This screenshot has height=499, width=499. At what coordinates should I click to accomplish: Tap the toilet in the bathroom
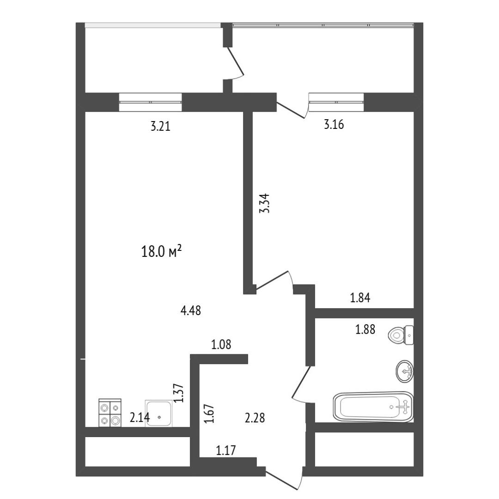[401, 335]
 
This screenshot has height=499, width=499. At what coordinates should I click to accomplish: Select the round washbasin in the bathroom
[405, 371]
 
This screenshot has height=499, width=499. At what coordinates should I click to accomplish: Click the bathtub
[373, 407]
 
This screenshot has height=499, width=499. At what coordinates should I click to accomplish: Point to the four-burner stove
[110, 413]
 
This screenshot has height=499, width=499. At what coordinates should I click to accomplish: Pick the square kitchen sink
[158, 414]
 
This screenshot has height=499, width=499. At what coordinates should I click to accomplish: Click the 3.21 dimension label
[160, 126]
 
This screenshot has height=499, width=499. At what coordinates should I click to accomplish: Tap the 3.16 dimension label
[334, 124]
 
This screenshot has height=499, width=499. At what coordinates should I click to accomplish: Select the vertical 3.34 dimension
[264, 203]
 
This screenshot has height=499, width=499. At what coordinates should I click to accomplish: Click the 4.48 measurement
[191, 310]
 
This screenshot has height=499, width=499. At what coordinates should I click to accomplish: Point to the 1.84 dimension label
[360, 298]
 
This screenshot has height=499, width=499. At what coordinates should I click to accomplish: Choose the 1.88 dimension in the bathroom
[365, 329]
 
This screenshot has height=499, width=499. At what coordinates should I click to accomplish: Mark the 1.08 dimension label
[221, 344]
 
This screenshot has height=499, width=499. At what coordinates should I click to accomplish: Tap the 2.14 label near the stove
[140, 417]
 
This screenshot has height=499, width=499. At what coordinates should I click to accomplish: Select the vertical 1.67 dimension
[209, 414]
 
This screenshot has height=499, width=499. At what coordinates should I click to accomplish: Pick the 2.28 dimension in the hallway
[255, 418]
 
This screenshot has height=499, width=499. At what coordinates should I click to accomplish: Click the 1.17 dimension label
[226, 450]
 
